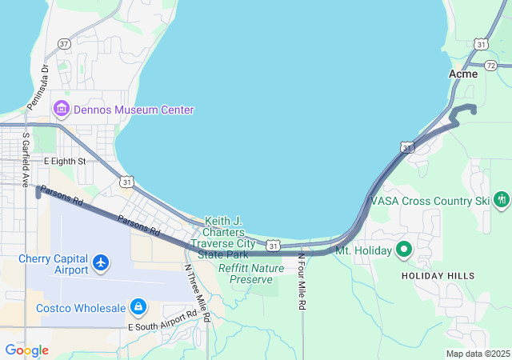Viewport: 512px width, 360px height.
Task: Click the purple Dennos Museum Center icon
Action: (60, 109)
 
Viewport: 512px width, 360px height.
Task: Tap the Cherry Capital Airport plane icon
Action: (101, 262)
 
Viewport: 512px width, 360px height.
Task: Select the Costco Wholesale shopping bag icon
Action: (138, 306)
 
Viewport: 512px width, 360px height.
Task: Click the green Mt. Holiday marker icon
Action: (403, 250)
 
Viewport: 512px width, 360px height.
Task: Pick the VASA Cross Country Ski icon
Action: (502, 199)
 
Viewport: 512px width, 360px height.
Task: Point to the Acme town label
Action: (463, 74)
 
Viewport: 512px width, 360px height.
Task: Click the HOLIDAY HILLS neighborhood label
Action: (438, 276)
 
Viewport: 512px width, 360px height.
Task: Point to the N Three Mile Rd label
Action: (196, 293)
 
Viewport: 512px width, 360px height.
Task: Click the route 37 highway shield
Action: (64, 43)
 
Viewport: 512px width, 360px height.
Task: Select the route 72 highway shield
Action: (491, 65)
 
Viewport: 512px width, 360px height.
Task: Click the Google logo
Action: (26, 350)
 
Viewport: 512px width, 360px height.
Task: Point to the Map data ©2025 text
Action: (478, 354)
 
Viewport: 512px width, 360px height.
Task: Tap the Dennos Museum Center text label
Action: (134, 110)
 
